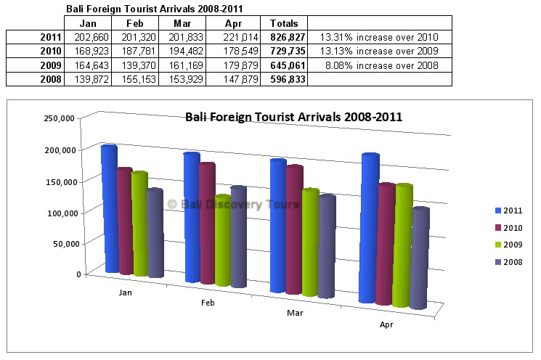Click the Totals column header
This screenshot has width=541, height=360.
283,23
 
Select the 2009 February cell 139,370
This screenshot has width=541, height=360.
142,65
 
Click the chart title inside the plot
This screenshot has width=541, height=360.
293,116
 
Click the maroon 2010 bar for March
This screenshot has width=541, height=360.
294,229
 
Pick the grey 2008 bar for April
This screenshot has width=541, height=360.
419,258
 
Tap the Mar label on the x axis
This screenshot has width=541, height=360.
295,313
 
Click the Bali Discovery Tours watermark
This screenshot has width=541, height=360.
233,204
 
